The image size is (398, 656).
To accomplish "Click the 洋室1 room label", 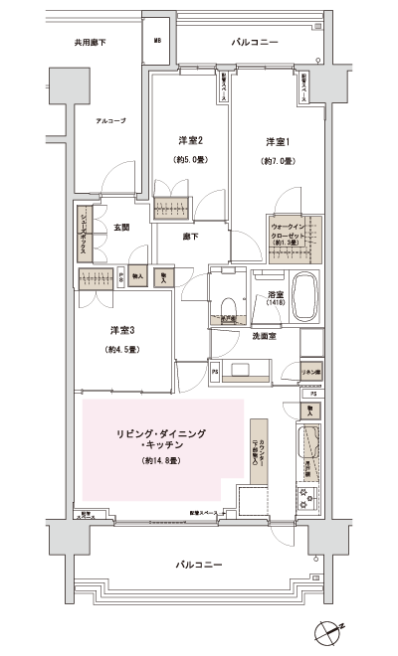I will [x=276, y=141].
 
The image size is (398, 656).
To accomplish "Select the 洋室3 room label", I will [x=122, y=330].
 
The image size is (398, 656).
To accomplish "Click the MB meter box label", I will [x=157, y=42].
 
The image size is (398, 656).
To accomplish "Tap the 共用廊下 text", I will [x=90, y=43].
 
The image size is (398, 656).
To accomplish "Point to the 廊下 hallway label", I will [x=190, y=237].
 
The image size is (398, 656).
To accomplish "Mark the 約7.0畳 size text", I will [x=277, y=161].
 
